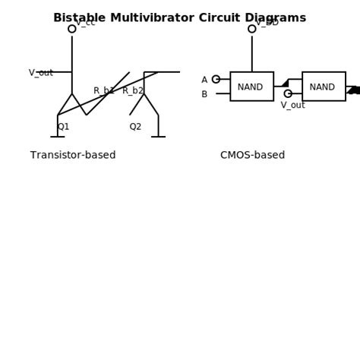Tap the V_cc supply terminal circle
[72, 29]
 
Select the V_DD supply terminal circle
[252, 29]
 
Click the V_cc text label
[86, 22]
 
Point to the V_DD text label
[267, 22]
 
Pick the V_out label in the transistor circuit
[41, 73]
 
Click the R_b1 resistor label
[104, 91]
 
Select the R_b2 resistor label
[133, 91]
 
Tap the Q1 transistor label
[63, 127]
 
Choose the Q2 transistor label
[135, 127]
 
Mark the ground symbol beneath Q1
[58, 137]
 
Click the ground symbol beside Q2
[158, 137]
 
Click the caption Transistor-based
[73, 156]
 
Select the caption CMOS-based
[252, 156]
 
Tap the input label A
[204, 80]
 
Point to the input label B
[204, 94]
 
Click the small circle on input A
[216, 79]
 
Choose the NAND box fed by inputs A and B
[251, 87]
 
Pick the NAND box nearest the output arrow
[324, 87]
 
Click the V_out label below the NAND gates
[292, 106]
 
